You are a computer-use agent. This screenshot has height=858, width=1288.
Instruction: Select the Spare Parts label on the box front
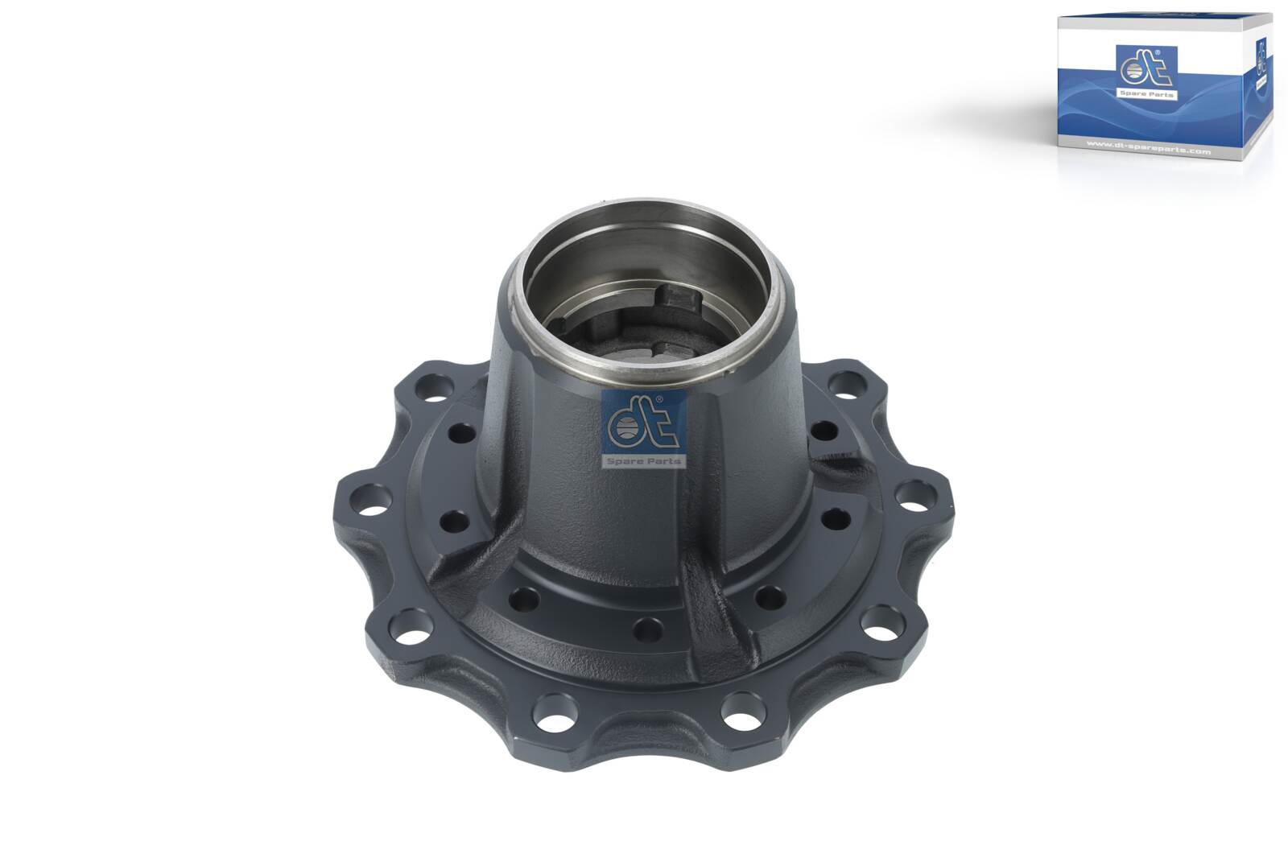click(1146, 94)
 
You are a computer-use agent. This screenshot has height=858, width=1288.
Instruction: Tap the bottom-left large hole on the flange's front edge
click(555, 710)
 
